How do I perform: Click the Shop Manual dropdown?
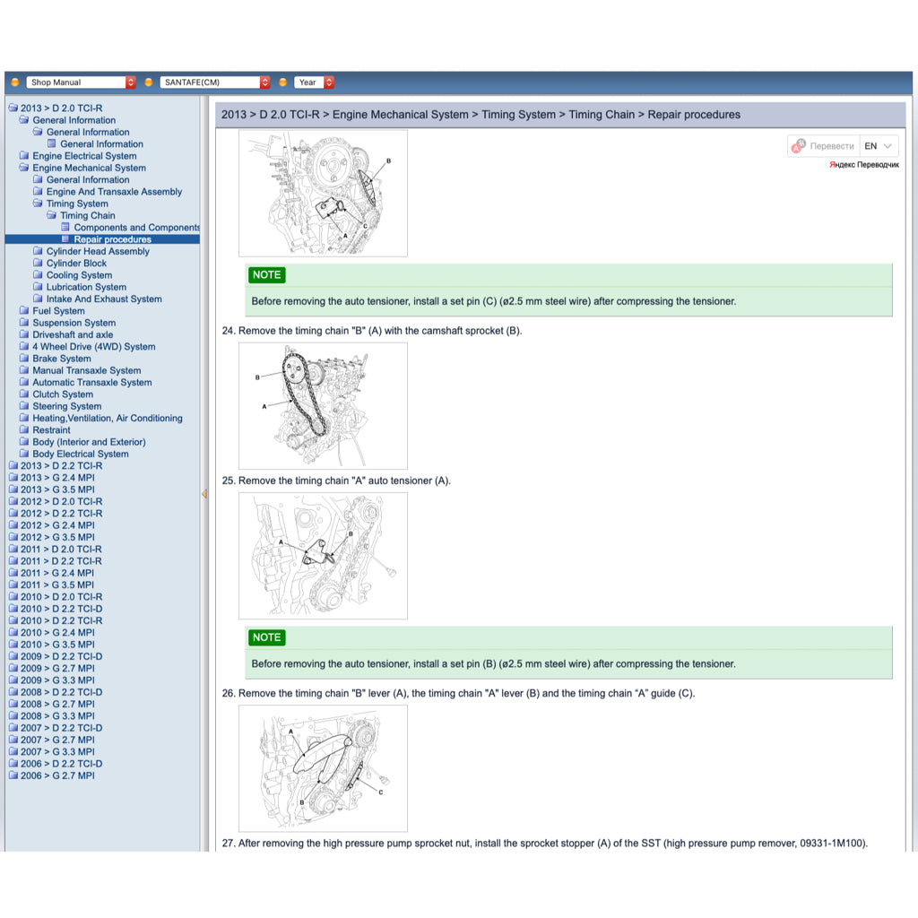click(x=81, y=82)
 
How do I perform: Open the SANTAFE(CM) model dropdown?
click(x=214, y=82)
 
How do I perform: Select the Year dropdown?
click(x=315, y=82)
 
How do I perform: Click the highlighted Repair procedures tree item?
click(x=112, y=239)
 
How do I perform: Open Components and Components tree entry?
click(x=136, y=228)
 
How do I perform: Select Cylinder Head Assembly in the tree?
click(x=98, y=252)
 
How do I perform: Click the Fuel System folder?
click(x=58, y=311)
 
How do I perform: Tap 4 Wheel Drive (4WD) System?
click(x=93, y=347)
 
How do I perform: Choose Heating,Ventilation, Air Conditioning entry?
click(x=107, y=419)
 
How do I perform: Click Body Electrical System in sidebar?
click(x=80, y=455)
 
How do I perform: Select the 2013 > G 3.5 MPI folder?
click(x=56, y=490)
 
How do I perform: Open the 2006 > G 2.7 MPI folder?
click(x=56, y=776)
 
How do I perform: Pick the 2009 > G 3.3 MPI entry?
click(x=56, y=680)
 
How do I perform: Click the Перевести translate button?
click(x=823, y=146)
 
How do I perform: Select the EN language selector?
click(x=878, y=146)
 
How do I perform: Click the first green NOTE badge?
click(x=266, y=275)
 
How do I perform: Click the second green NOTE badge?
click(x=266, y=637)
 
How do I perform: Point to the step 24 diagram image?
click(x=323, y=405)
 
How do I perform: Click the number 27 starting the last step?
click(x=228, y=844)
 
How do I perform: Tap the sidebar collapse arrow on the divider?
click(x=204, y=494)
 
